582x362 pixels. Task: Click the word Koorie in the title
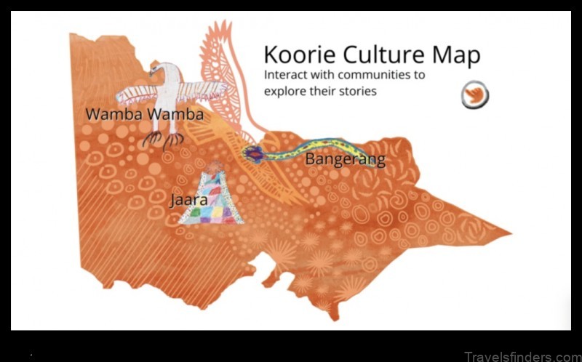295,55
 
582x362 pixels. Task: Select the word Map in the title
454,55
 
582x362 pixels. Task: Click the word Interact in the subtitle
287,75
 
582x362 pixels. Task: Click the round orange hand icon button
474,95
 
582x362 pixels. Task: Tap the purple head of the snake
253,153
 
